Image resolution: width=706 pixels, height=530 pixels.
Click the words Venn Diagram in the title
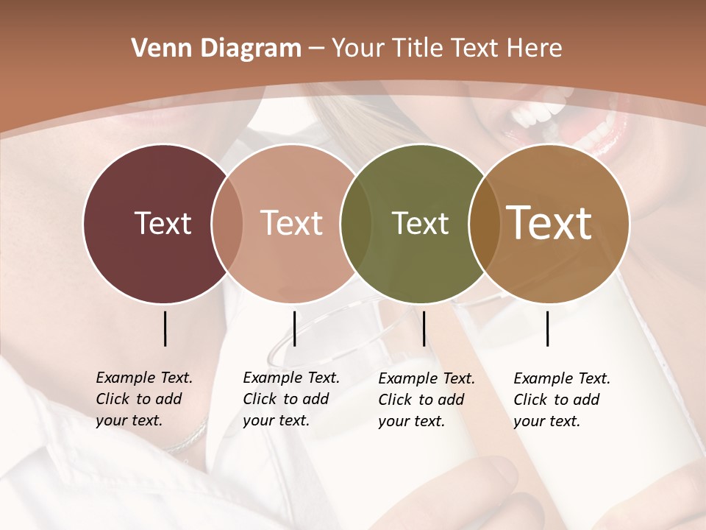[x=216, y=49]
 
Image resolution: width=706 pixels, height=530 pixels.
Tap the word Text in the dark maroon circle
[x=163, y=223]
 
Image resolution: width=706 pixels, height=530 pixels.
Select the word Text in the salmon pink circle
[x=292, y=223]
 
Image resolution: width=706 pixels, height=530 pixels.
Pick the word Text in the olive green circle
[x=420, y=223]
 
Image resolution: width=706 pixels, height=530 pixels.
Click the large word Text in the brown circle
[x=549, y=223]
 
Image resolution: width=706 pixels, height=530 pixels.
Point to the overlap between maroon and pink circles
[x=227, y=224]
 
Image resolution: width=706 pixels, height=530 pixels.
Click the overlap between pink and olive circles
[x=356, y=224]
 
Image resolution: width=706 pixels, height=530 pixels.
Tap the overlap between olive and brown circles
[x=484, y=224]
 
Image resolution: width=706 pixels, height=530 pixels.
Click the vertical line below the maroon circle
[x=165, y=328]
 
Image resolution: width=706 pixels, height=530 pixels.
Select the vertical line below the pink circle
[x=294, y=328]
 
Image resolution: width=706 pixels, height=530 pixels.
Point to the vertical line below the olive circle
[x=424, y=328]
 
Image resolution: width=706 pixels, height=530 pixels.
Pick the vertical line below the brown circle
[x=548, y=328]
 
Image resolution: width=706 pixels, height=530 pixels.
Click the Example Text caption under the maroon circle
[x=144, y=399]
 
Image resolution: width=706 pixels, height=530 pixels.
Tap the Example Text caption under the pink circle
[x=291, y=399]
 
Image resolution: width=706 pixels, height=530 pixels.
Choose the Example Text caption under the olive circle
[x=427, y=400]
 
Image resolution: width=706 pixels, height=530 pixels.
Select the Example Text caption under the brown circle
[x=562, y=400]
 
